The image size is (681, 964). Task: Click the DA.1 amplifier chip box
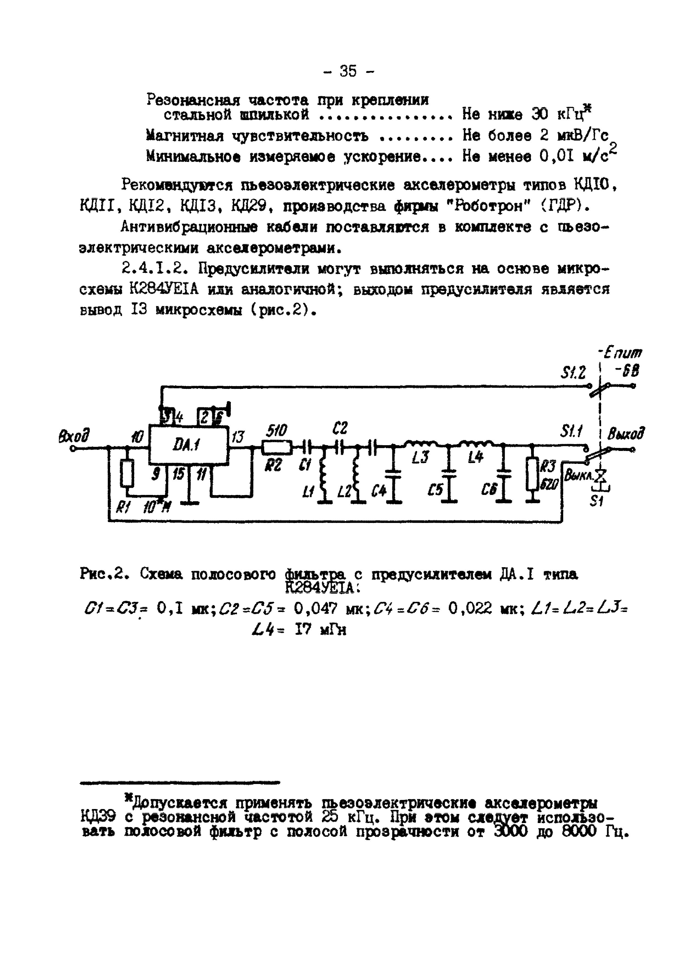point(189,445)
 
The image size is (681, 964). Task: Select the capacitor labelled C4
point(393,474)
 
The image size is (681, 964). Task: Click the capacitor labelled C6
point(505,474)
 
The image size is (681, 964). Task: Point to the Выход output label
point(626,434)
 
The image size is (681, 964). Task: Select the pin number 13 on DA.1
point(238,437)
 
